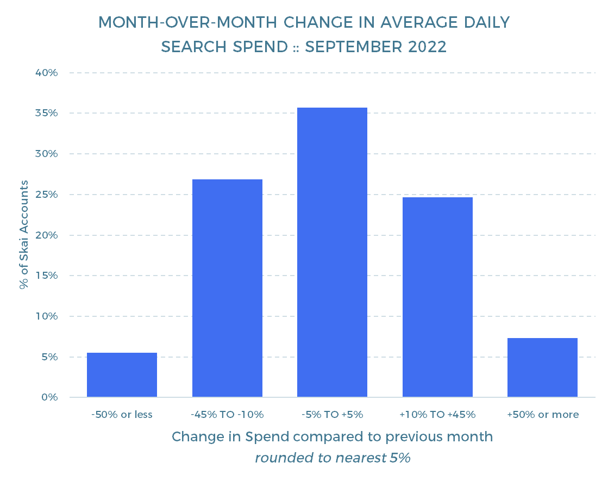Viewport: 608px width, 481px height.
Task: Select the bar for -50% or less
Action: tap(122, 374)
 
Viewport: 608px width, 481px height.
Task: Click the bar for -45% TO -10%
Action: tap(227, 288)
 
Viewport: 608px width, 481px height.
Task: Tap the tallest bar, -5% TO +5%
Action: tap(333, 252)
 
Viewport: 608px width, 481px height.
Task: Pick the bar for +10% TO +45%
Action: tap(437, 297)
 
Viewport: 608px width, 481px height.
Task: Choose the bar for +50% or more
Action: tap(542, 367)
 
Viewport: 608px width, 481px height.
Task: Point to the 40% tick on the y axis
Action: tap(47, 72)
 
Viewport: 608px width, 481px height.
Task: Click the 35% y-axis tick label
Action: tap(47, 113)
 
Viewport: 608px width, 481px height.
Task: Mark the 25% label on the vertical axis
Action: tap(47, 195)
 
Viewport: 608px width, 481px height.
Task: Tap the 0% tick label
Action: tap(49, 397)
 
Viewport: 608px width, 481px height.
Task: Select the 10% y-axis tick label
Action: tap(47, 316)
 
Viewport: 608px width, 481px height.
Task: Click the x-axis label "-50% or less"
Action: tap(122, 415)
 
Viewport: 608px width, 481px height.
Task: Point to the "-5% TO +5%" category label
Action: tap(333, 415)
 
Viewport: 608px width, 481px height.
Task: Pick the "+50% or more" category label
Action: tap(543, 415)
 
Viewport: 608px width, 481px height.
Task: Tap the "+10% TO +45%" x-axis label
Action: tap(437, 415)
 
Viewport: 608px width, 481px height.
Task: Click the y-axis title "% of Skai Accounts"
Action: tap(24, 235)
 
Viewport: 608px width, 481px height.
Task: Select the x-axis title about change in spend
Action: tap(333, 437)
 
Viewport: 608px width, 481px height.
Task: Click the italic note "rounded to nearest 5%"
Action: tap(333, 458)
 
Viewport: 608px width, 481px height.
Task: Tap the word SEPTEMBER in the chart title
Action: tap(354, 47)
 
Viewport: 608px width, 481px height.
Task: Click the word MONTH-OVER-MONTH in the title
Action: tap(187, 22)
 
